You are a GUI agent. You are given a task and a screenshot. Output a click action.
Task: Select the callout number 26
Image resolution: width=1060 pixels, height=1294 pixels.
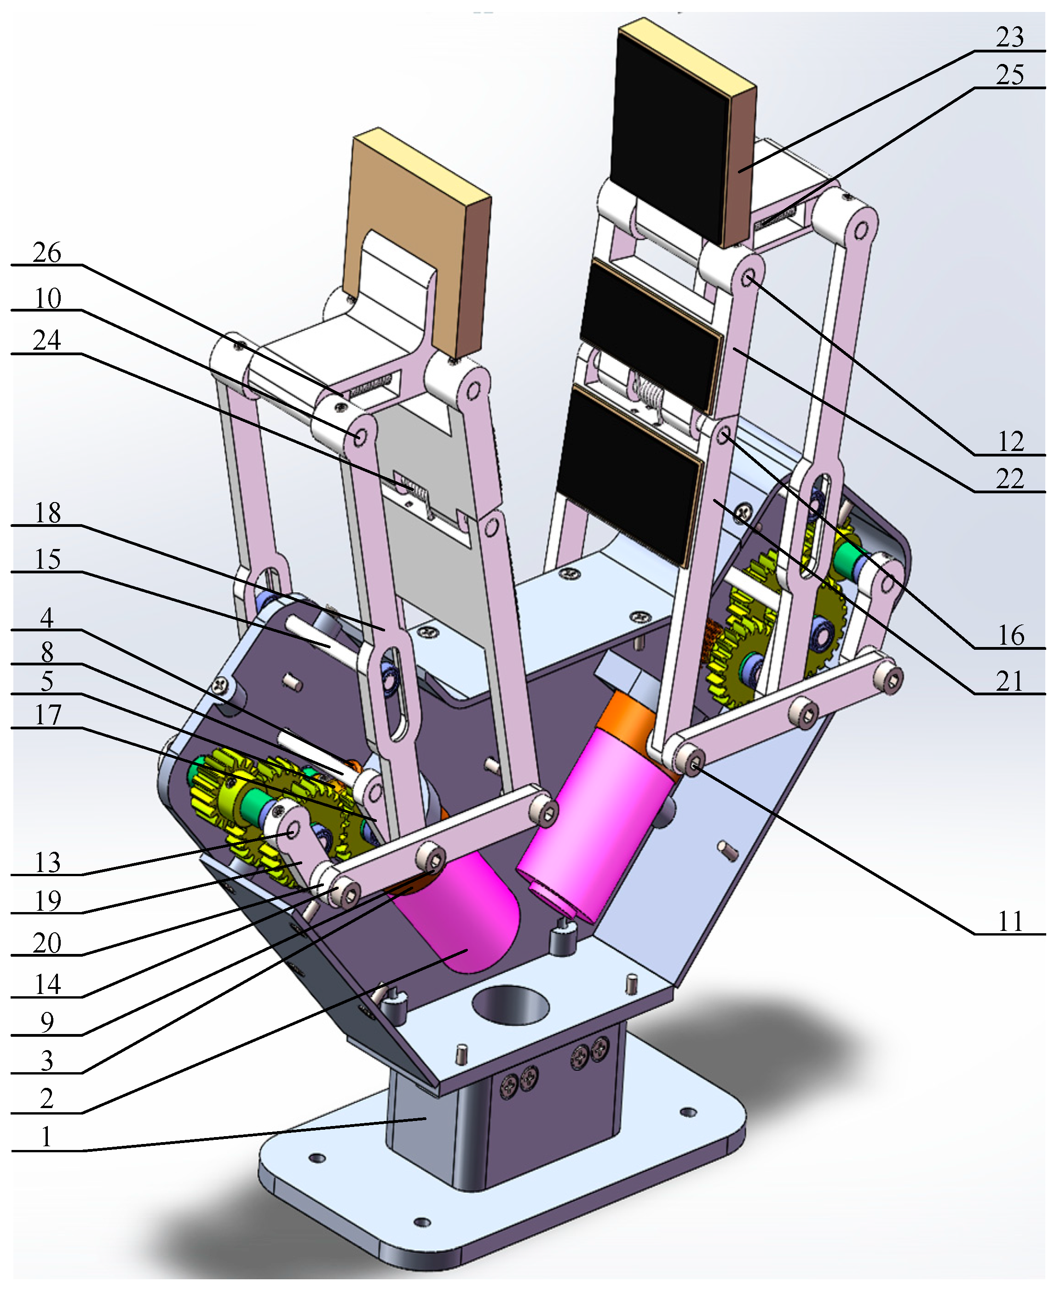(x=47, y=252)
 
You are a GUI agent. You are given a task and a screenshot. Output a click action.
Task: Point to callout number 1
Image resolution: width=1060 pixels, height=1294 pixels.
(x=47, y=1137)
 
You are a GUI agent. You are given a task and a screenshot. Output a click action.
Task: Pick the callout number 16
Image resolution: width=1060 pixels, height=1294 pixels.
(x=1010, y=635)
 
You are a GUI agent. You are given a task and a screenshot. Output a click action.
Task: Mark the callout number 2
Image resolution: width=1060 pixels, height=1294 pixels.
(x=47, y=1098)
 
